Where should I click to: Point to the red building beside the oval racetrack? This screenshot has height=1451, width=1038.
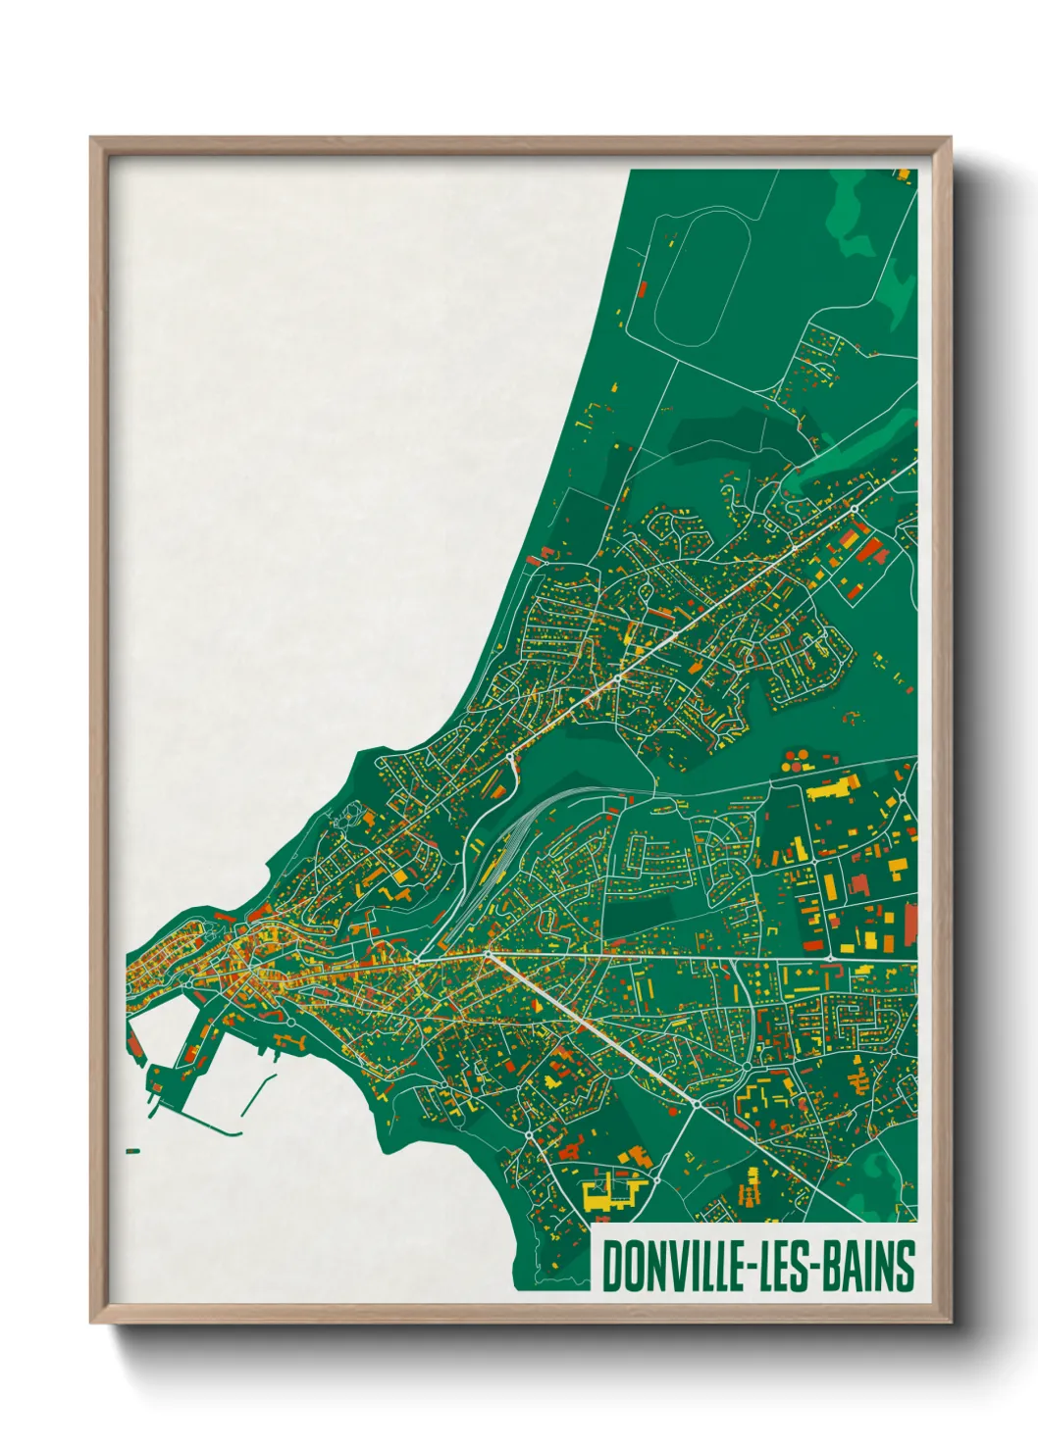click(644, 288)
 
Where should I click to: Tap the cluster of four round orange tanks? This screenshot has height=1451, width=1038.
click(797, 759)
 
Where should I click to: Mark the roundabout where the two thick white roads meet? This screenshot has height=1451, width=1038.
click(488, 952)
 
